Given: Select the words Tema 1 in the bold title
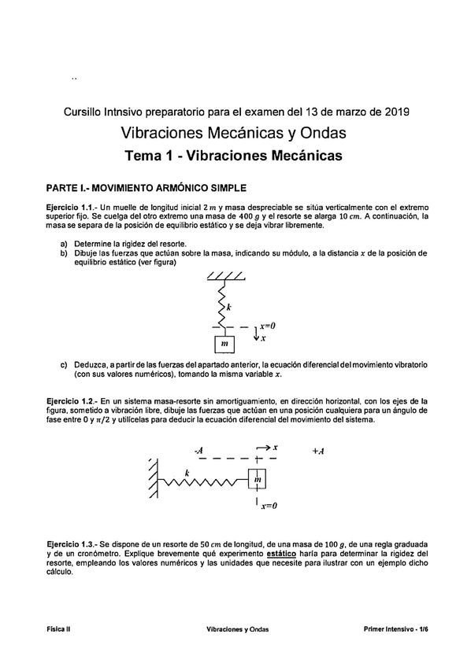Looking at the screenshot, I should (x=151, y=156).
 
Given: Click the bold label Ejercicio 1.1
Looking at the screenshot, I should (x=72, y=206).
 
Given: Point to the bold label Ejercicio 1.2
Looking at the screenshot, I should (x=72, y=400).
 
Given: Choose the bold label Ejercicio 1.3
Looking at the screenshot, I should (x=72, y=544).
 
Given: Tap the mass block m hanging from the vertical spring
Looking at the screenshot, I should (x=225, y=344).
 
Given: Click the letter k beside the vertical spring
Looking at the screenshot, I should (x=229, y=307).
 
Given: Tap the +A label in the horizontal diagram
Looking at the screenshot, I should (x=318, y=451).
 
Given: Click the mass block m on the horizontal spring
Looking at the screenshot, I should (x=258, y=479).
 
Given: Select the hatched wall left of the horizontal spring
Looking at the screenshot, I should (x=149, y=479).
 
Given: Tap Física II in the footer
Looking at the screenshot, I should (x=58, y=629).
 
